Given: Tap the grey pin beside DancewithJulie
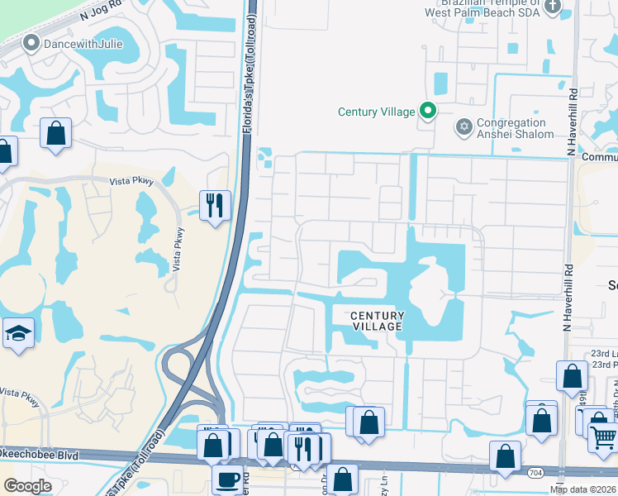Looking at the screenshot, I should pyautogui.click(x=32, y=44).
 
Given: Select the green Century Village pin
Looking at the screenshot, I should pyautogui.click(x=428, y=110).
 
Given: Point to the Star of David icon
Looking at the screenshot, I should pyautogui.click(x=463, y=127).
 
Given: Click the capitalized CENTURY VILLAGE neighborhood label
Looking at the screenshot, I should pyautogui.click(x=378, y=321).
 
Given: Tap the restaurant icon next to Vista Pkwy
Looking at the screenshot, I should pyautogui.click(x=216, y=204).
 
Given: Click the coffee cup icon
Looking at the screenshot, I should pyautogui.click(x=227, y=479).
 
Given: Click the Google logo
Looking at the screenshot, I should pyautogui.click(x=28, y=486).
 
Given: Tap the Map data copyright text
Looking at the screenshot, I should pyautogui.click(x=583, y=489).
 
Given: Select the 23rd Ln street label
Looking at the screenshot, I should pyautogui.click(x=604, y=354).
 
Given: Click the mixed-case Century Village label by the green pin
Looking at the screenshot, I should pyautogui.click(x=375, y=112).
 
